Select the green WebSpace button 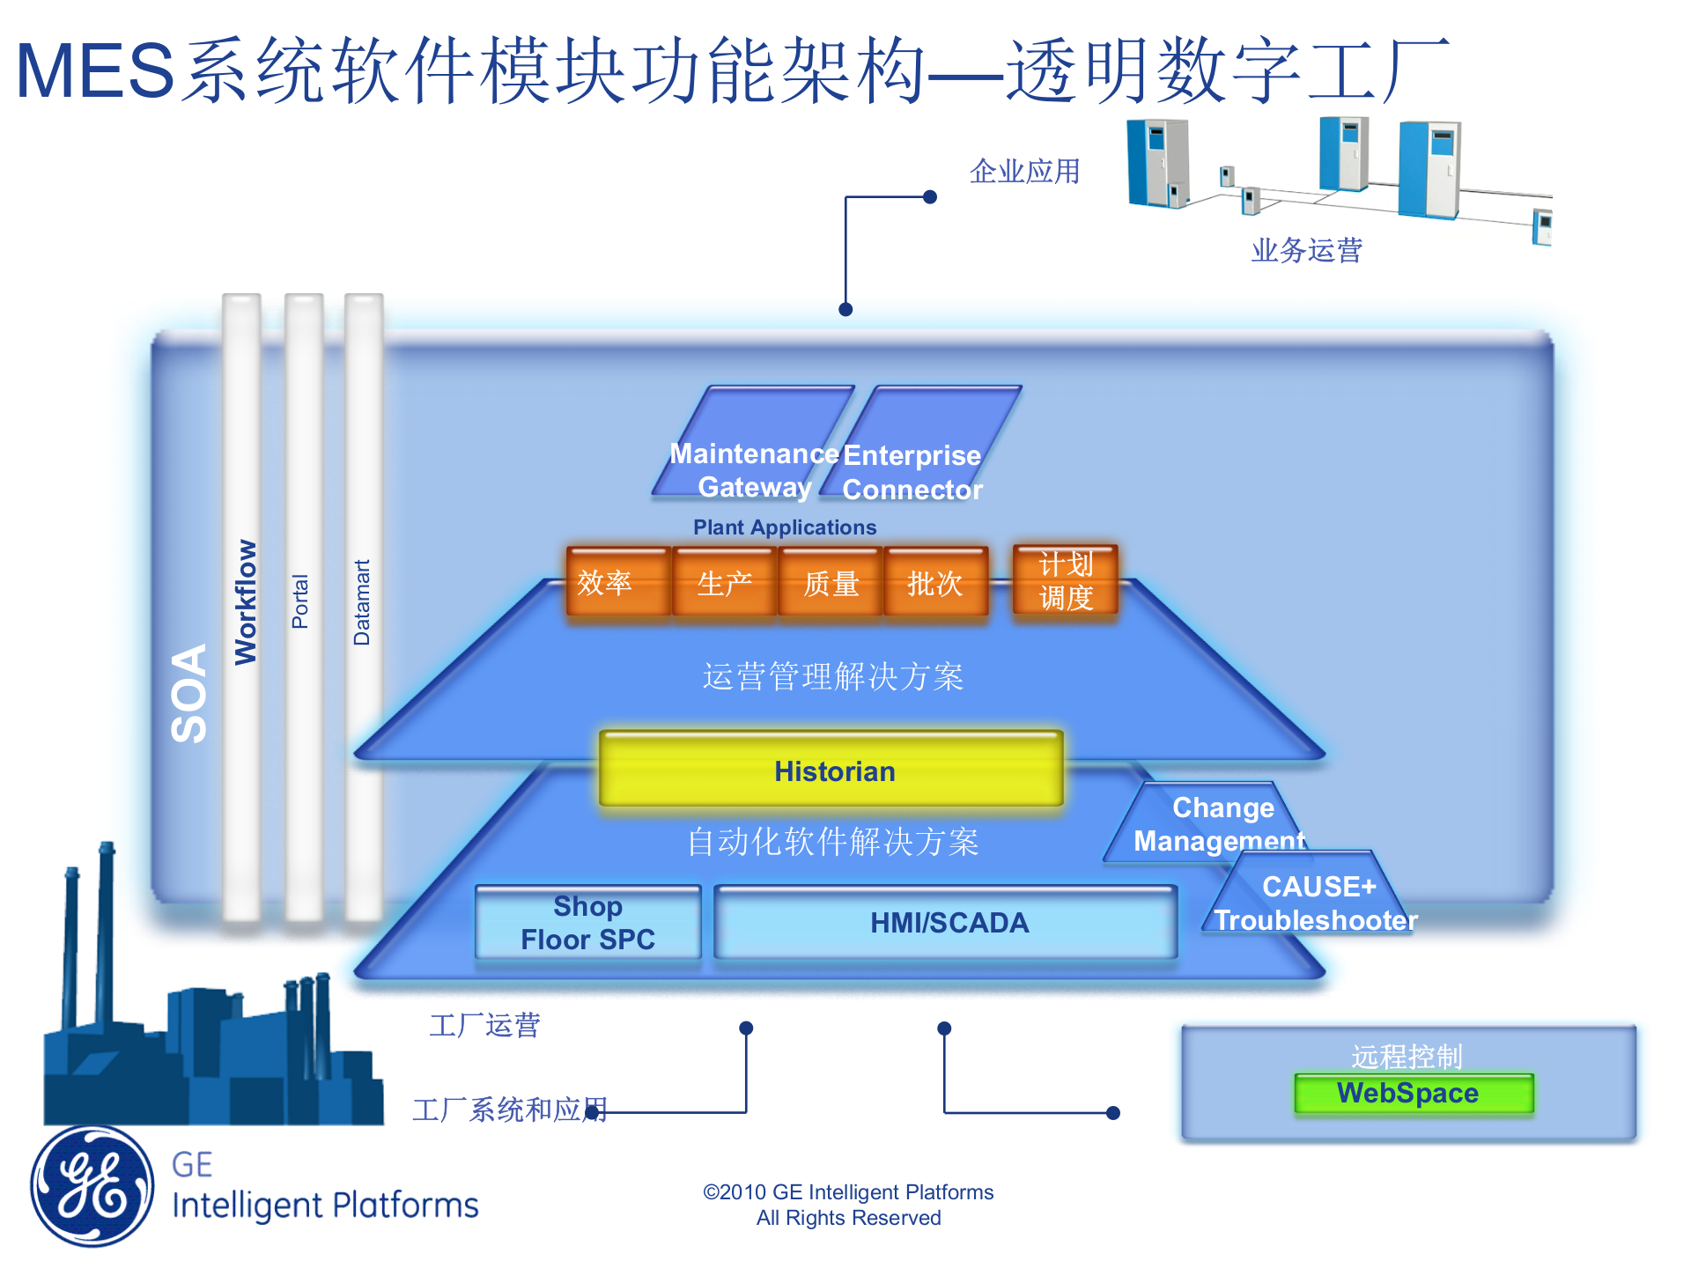click(x=1413, y=1093)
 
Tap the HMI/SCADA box click(x=946, y=922)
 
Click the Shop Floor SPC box click(x=587, y=922)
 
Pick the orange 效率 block click(x=617, y=582)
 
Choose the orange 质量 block click(x=830, y=583)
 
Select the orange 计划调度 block click(x=1065, y=580)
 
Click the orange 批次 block click(x=934, y=583)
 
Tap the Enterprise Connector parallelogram click(x=920, y=449)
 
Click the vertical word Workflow click(x=245, y=602)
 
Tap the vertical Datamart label click(x=362, y=602)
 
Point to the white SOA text click(x=188, y=693)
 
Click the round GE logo click(x=92, y=1185)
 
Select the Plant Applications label click(x=784, y=527)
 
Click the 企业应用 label click(x=1024, y=171)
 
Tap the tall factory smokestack click(x=105, y=933)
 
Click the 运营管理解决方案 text click(x=832, y=676)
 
